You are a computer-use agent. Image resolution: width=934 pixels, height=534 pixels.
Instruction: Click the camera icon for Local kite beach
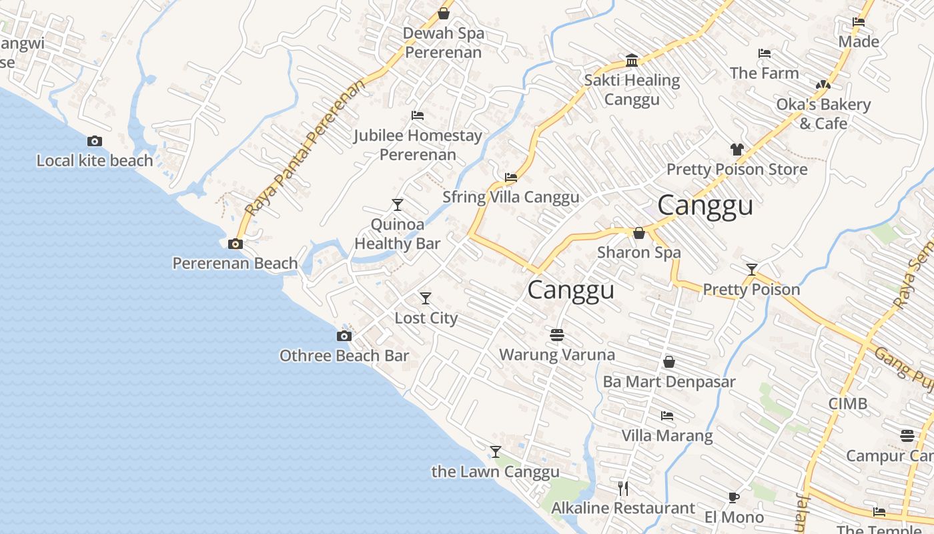coord(95,141)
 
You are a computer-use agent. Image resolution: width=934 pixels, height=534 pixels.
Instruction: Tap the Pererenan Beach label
coord(235,263)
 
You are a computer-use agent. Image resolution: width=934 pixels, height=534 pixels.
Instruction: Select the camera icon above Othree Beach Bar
coord(344,336)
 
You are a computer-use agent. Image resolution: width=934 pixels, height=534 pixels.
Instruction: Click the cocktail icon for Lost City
coord(426,298)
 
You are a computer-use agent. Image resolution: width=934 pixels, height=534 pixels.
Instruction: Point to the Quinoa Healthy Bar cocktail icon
coord(398,204)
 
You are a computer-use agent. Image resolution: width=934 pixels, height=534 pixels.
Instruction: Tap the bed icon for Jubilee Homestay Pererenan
coord(418,115)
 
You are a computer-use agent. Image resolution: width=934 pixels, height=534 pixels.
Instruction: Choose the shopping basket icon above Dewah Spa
coord(444,13)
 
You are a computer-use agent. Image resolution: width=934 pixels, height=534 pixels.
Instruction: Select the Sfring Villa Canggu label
coord(511,197)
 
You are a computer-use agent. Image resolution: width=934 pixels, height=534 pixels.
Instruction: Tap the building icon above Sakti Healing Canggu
coord(632,61)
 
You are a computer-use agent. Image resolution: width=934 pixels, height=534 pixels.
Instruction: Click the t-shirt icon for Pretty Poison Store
coord(737,150)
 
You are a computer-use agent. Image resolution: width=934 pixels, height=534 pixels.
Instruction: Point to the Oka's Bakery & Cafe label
coord(823,113)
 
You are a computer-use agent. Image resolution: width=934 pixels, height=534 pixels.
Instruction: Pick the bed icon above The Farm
coord(765,53)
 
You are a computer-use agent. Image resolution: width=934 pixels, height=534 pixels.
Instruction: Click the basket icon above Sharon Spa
coord(639,233)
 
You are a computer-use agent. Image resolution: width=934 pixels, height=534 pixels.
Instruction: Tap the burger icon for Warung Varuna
coord(557,334)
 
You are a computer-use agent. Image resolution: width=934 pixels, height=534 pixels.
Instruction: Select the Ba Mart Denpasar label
coord(669,382)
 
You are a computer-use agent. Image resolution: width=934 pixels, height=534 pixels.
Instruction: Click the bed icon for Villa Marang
coord(667,416)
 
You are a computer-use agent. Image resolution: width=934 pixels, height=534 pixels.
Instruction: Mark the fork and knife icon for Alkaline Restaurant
coord(623,488)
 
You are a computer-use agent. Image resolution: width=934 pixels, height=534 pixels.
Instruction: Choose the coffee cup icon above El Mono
coord(734,497)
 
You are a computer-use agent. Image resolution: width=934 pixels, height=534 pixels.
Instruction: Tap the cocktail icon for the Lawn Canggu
coord(496,452)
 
